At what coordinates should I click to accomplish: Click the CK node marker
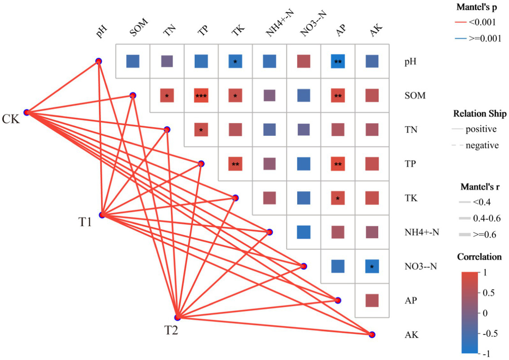tap(27, 113)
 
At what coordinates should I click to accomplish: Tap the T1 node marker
tap(102, 215)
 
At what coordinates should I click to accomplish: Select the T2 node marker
tap(178, 317)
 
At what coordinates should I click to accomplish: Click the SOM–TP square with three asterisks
tap(201, 95)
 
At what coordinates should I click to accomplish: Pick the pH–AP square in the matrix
tap(338, 61)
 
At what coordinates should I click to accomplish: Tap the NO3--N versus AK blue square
tap(372, 266)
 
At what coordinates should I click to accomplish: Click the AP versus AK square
tap(372, 300)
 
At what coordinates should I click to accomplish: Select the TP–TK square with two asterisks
tap(235, 164)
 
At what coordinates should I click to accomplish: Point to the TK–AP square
tap(338, 198)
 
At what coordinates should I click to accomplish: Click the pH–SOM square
tap(133, 61)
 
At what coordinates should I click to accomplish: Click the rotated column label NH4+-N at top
tap(280, 23)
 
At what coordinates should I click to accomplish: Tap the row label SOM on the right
tap(415, 96)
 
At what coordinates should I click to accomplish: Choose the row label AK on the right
tap(412, 335)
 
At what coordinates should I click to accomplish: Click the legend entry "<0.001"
tap(482, 23)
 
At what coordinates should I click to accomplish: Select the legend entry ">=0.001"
tap(484, 38)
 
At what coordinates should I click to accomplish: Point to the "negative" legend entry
tap(482, 145)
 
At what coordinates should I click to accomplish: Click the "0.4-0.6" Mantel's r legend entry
tap(486, 218)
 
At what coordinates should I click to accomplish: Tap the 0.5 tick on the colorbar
tap(488, 293)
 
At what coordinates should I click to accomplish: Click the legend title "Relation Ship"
tap(479, 114)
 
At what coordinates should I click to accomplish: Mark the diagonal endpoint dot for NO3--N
tap(303, 266)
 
